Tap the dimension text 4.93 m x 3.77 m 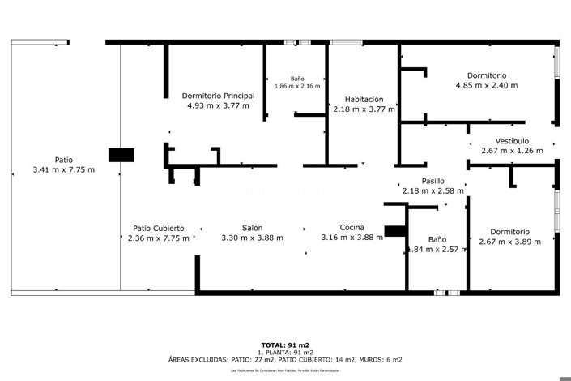point(218,105)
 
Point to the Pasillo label point(433,181)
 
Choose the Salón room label point(251,228)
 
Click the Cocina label point(352,228)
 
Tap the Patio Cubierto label point(158,229)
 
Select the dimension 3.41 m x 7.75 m point(63,169)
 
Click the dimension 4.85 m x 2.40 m point(486,85)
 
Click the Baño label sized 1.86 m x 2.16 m point(297,79)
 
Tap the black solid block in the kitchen point(394,231)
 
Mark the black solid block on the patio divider point(121,155)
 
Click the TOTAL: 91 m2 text point(285,345)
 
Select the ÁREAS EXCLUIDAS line point(285,359)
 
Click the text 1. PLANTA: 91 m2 point(285,353)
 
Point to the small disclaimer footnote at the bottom point(285,370)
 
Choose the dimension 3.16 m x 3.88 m point(352,238)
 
